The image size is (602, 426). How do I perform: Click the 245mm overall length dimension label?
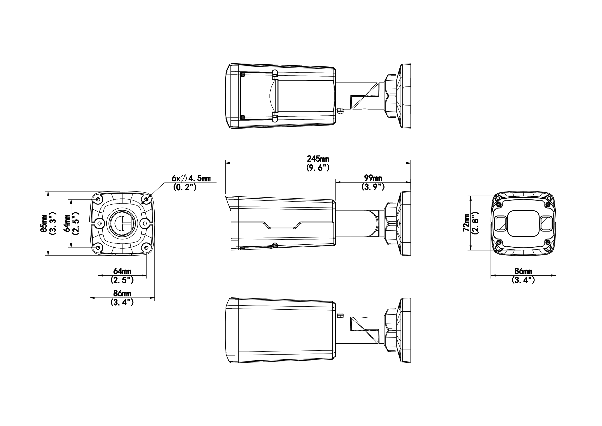pyautogui.click(x=318, y=159)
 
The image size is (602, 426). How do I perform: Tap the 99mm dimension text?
pyautogui.click(x=373, y=178)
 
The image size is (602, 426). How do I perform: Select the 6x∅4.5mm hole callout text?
pyautogui.click(x=191, y=179)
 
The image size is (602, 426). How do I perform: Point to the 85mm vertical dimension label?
pyautogui.click(x=44, y=223)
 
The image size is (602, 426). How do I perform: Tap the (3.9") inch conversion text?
pyautogui.click(x=373, y=187)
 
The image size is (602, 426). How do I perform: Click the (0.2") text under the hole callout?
pyautogui.click(x=185, y=187)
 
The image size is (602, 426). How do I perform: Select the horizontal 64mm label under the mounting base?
pyautogui.click(x=122, y=271)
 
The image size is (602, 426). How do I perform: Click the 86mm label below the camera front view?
pyautogui.click(x=523, y=271)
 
